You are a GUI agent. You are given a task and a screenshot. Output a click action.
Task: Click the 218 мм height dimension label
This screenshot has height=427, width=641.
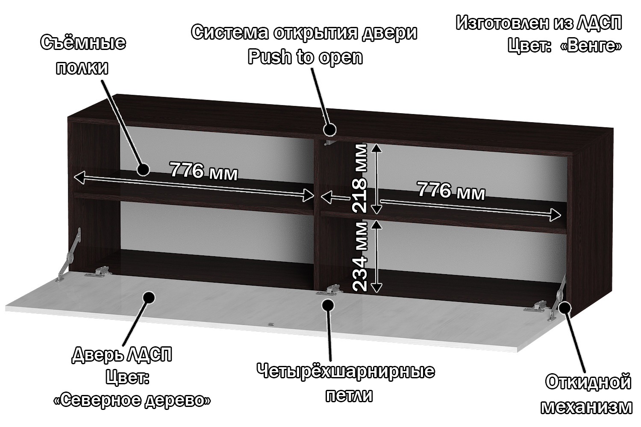pos(359,178)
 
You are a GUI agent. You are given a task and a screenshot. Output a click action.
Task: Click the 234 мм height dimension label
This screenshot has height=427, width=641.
pos(360,256)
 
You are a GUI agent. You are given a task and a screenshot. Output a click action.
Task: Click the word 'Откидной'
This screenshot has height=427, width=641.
pos(588,382)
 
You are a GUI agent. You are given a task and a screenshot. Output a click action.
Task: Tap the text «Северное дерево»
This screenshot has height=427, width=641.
pos(132,400)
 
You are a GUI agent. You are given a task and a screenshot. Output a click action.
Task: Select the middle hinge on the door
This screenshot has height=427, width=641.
pos(329,290)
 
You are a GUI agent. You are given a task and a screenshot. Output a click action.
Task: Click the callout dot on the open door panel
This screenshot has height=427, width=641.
pos(149,297)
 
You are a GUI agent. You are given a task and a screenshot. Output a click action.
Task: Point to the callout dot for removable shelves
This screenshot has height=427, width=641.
pos(143,170)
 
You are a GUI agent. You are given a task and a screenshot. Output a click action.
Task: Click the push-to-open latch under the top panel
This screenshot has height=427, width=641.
pos(328,142)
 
